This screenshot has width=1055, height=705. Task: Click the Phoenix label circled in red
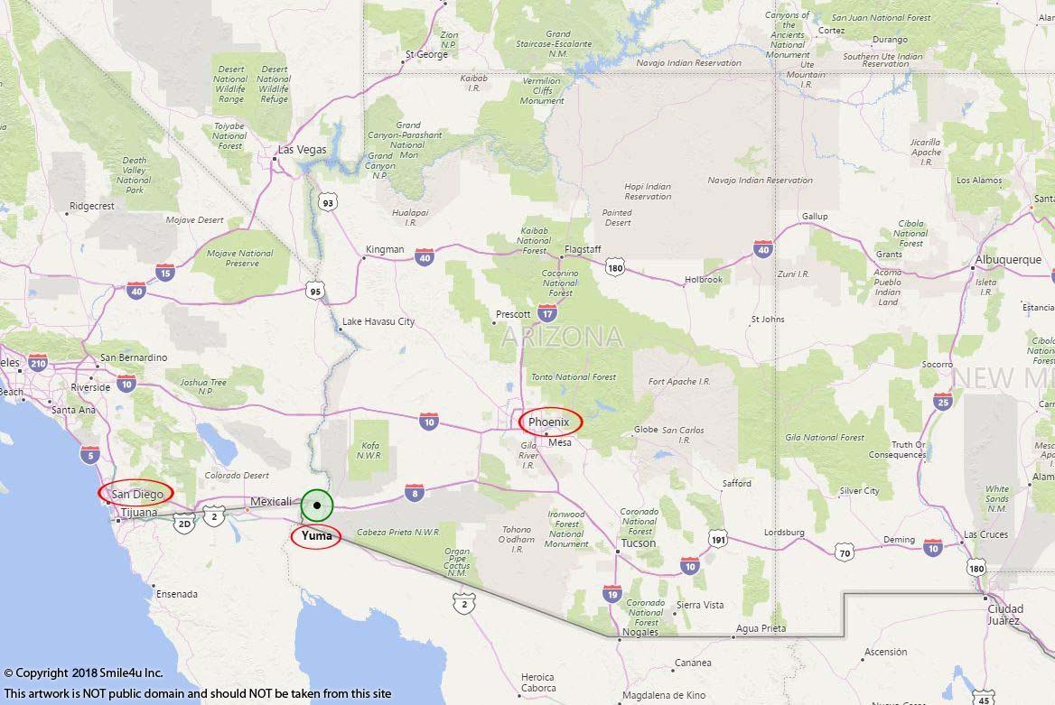[549, 422]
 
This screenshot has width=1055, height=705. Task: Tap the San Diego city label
[136, 494]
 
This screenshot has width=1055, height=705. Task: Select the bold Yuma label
[316, 536]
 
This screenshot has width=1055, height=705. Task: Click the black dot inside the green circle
[317, 506]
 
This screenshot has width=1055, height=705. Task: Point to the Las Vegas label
[302, 150]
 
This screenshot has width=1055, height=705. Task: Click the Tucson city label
[638, 543]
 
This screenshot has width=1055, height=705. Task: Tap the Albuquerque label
[1008, 260]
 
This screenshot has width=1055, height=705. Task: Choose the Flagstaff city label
[582, 249]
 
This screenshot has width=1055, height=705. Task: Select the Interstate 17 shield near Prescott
[547, 313]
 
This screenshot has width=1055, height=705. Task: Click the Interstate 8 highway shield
[414, 493]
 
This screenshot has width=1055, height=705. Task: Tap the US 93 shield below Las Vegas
[328, 203]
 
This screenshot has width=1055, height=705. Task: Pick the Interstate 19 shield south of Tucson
[612, 593]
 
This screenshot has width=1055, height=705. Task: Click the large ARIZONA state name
[561, 338]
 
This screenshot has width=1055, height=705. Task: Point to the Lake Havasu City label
[378, 321]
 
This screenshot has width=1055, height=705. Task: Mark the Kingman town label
[385, 250]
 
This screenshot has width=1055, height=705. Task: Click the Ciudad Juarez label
[1005, 615]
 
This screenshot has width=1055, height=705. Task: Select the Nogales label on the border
[639, 632]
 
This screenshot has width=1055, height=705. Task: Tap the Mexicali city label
[271, 502]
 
